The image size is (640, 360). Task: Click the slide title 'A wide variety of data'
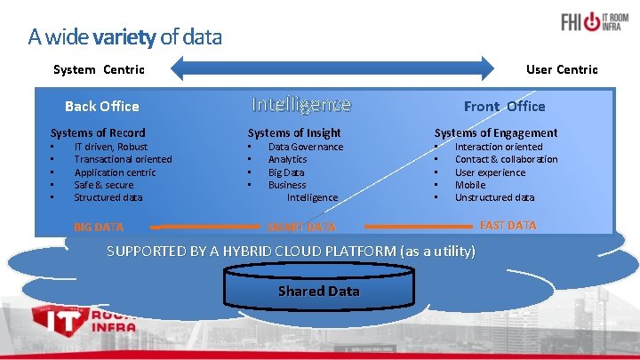click(124, 37)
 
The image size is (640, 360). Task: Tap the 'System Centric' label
click(99, 69)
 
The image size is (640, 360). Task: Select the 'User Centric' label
click(562, 69)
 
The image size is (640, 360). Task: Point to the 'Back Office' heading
click(102, 106)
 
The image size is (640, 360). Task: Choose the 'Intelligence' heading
click(301, 105)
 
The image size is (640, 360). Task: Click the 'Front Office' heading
click(504, 106)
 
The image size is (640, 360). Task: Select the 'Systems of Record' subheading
click(98, 132)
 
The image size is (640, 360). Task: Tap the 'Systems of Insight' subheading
click(294, 132)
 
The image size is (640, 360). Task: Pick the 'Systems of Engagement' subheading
click(496, 132)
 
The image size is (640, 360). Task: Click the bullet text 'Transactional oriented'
click(123, 159)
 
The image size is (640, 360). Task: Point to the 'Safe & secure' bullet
click(104, 185)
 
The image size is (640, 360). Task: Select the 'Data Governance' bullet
click(306, 147)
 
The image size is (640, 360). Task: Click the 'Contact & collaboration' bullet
click(506, 159)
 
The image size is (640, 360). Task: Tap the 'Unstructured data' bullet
click(494, 197)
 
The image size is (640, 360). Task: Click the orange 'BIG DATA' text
click(99, 227)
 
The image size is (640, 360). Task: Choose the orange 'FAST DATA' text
click(508, 225)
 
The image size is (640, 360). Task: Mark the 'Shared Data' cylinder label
click(318, 292)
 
